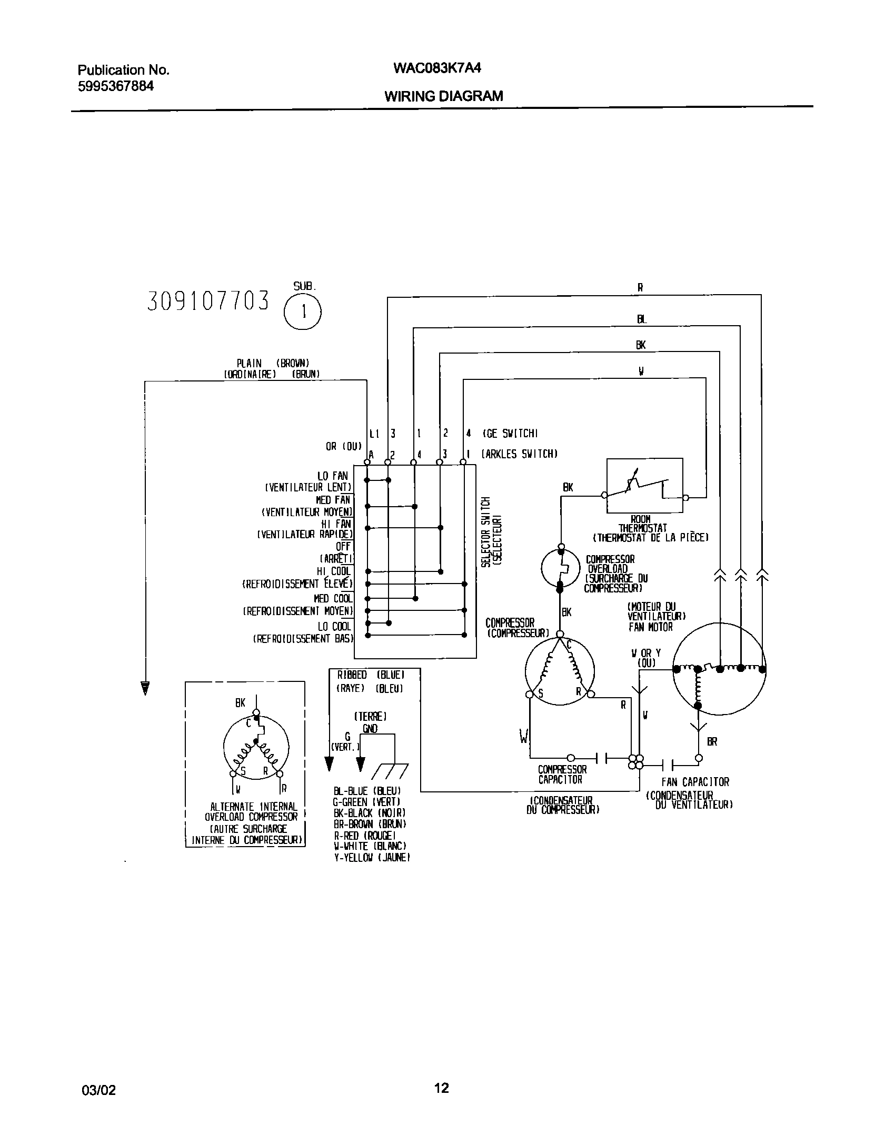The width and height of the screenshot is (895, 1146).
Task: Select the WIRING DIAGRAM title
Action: (443, 96)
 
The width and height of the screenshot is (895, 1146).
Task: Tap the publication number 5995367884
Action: (116, 86)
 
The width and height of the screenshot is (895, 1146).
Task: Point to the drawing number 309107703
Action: (208, 301)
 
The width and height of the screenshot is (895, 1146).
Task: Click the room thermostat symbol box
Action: (644, 485)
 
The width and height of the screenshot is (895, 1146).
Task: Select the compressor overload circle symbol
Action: (560, 567)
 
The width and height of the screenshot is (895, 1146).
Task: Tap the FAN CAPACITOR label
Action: (695, 782)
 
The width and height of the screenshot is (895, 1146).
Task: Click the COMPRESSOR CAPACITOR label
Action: (562, 775)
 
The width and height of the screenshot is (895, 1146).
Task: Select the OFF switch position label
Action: (343, 547)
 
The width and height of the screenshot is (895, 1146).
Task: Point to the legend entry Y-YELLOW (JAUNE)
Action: (372, 858)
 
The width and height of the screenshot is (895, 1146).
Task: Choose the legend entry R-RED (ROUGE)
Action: (364, 836)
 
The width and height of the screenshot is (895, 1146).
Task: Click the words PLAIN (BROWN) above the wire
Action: (272, 363)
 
